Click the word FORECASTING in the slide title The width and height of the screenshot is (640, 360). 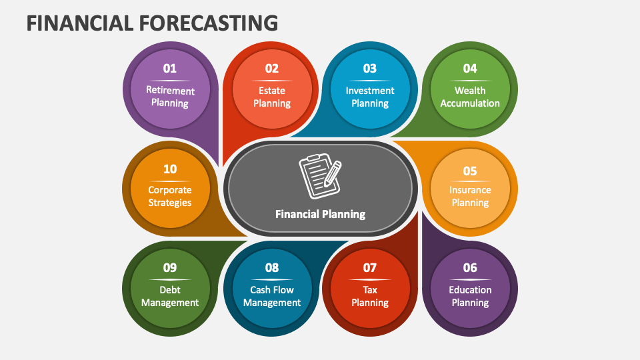[x=209, y=23]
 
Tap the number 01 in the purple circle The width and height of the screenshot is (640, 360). [x=170, y=68]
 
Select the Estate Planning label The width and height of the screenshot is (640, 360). [x=272, y=97]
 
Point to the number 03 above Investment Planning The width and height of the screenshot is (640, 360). [x=370, y=68]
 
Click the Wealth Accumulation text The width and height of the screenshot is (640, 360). [x=470, y=97]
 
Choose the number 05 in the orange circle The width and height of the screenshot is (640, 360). [x=470, y=171]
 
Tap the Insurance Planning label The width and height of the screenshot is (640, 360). [x=470, y=196]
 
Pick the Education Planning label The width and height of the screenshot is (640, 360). [x=470, y=296]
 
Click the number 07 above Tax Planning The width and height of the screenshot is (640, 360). [x=370, y=268]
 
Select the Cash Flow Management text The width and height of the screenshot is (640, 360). [x=272, y=296]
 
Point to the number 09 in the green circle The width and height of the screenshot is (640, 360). [x=170, y=268]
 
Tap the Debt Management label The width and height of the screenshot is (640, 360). [x=170, y=296]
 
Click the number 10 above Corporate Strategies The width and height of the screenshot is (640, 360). [x=170, y=169]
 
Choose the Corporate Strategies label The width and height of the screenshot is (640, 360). [x=170, y=196]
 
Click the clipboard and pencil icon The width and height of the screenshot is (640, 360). [x=320, y=176]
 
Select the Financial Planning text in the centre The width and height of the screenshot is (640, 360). [x=321, y=214]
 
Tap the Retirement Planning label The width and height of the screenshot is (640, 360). [x=170, y=97]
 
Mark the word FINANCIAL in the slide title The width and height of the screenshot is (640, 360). [x=80, y=23]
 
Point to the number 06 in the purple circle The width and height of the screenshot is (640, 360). [x=470, y=268]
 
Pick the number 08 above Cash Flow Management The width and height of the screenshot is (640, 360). [x=272, y=268]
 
